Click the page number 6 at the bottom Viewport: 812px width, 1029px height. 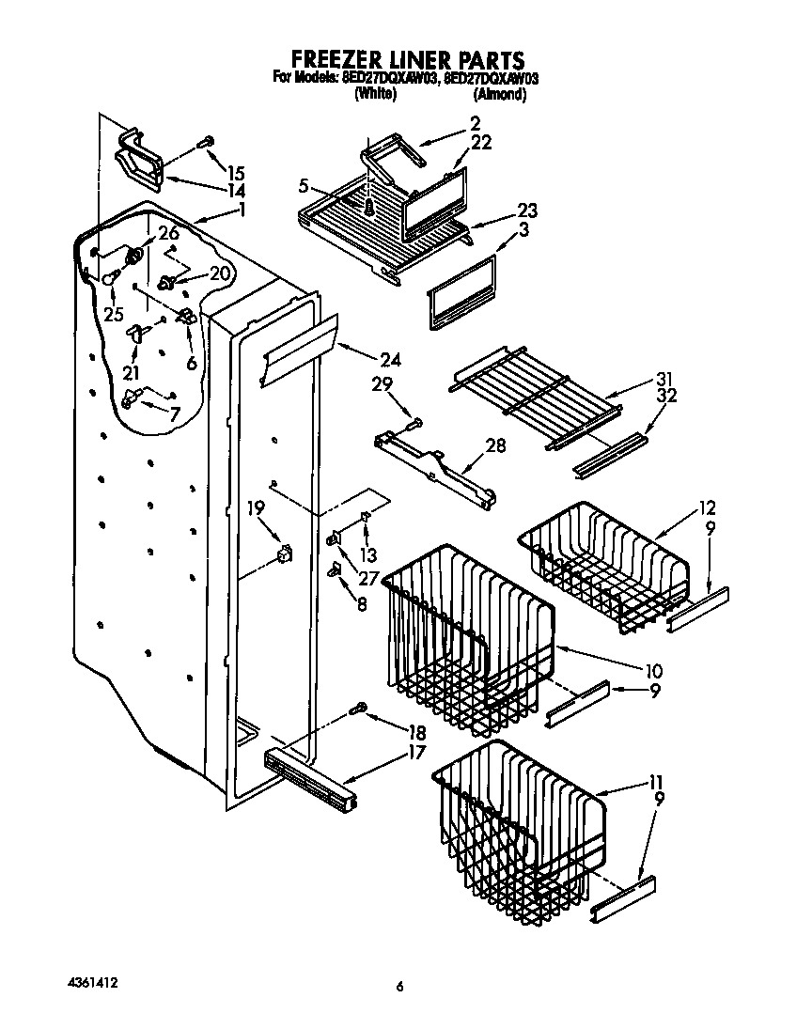(399, 986)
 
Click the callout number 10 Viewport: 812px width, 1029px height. (654, 671)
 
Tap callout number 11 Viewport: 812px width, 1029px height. (655, 781)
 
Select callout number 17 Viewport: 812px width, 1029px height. (415, 751)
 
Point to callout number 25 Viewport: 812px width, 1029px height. (113, 314)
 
